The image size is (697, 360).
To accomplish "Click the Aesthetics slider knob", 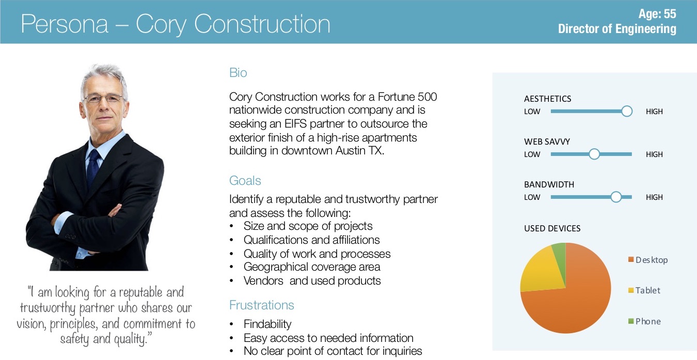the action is tap(627, 111).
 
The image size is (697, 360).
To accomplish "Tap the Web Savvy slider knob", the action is tap(594, 154).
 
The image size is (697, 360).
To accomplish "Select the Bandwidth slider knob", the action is tap(616, 197).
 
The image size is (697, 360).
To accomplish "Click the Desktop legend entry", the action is tap(648, 260).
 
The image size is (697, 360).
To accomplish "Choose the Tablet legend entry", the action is tap(644, 290).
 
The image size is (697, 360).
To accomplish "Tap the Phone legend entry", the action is tap(644, 321).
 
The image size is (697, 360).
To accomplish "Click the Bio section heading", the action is tap(238, 72).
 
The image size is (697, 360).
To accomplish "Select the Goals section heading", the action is tap(245, 180).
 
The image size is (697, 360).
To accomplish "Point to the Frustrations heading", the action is tap(261, 305).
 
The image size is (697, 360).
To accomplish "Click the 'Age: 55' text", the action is tap(657, 14).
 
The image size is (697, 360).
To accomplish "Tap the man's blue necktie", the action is tap(93, 168).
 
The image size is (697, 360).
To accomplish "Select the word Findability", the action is tap(267, 324).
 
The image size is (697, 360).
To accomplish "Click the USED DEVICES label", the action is tap(552, 228).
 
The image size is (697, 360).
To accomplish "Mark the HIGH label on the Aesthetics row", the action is tap(654, 112).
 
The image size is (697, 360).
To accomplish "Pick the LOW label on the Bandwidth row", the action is tap(532, 197).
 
